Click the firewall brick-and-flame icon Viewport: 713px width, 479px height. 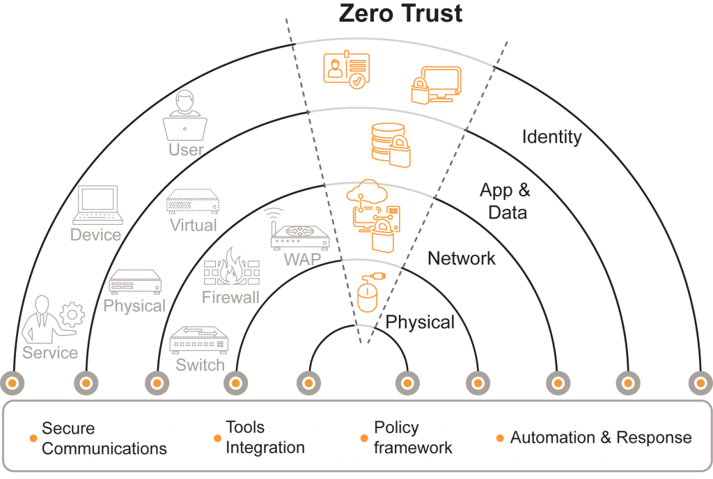(231, 269)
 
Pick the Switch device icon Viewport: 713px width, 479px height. (199, 340)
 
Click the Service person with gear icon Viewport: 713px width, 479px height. (52, 320)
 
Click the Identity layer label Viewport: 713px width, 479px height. (551, 136)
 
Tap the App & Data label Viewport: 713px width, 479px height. (505, 201)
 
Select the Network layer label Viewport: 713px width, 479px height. (462, 259)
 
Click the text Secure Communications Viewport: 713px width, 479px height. (104, 438)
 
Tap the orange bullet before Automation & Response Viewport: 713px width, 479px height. (499, 438)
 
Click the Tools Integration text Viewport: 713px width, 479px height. (265, 437)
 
